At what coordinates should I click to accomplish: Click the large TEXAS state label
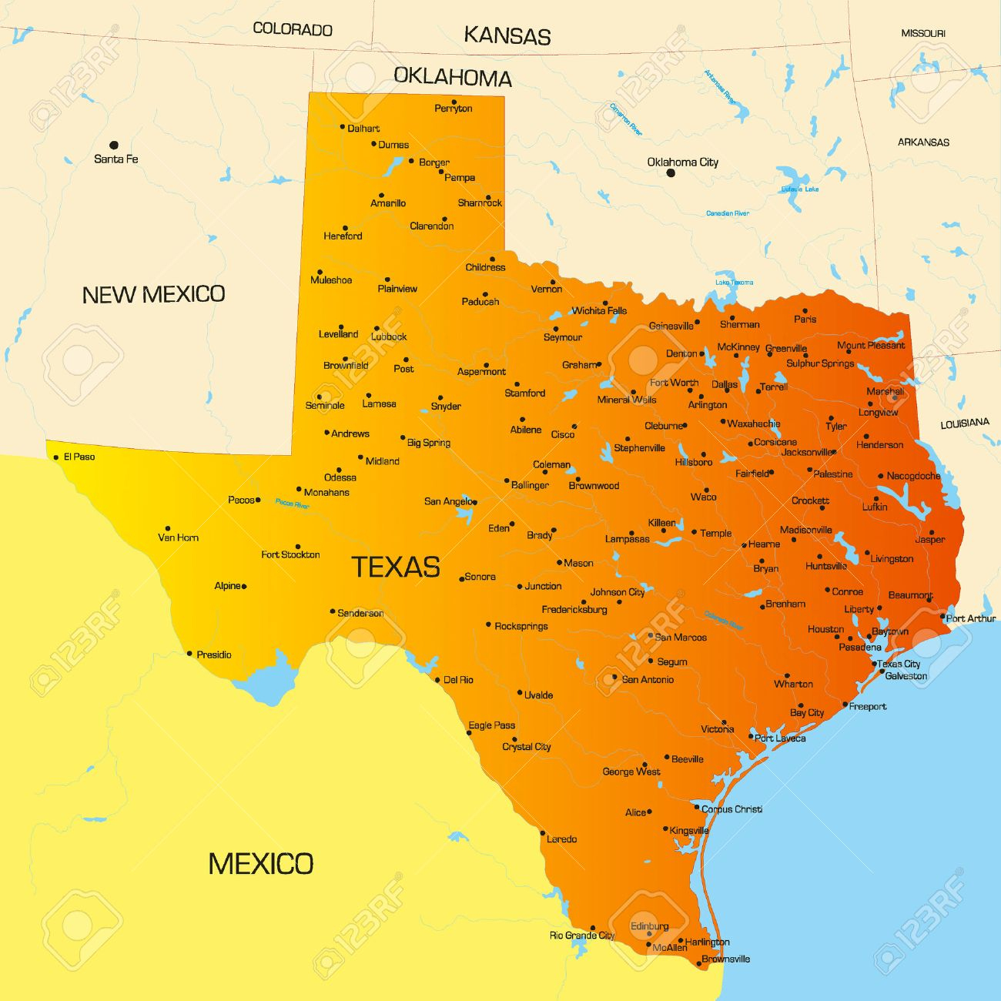point(396,567)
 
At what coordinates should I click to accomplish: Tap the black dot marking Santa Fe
point(114,145)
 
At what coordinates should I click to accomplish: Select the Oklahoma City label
point(682,162)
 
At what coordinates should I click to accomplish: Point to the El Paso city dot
point(55,457)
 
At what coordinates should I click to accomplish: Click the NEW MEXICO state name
point(153,294)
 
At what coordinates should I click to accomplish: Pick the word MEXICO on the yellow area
point(260,864)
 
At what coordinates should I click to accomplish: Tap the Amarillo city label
point(388,203)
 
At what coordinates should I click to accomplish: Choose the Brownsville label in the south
point(725,959)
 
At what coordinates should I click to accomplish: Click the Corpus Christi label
point(731,809)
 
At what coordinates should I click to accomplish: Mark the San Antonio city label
point(648,679)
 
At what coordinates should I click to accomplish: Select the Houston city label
point(825,629)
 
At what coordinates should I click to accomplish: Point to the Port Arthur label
point(970,618)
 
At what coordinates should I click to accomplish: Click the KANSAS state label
point(507,36)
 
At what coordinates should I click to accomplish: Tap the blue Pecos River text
point(292,505)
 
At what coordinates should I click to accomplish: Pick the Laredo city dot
point(542,833)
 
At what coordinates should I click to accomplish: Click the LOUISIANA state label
point(964,423)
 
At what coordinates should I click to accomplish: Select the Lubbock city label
point(389,336)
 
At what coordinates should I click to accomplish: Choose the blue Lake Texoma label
point(734,283)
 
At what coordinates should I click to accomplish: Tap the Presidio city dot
point(189,654)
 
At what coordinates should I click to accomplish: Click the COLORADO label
point(293,29)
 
